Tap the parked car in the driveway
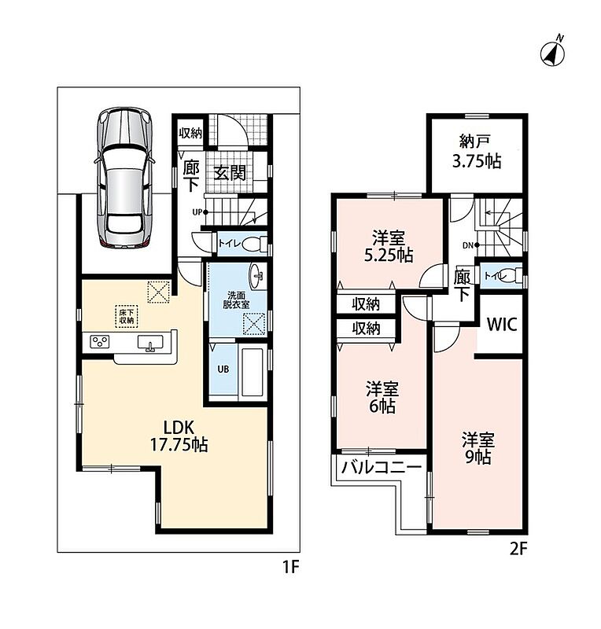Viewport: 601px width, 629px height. pyautogui.click(x=125, y=177)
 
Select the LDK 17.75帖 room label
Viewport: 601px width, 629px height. pyautogui.click(x=179, y=436)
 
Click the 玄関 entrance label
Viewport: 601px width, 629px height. pyautogui.click(x=229, y=172)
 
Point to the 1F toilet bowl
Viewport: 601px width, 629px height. pyautogui.click(x=253, y=243)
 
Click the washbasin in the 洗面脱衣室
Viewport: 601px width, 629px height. pyautogui.click(x=257, y=277)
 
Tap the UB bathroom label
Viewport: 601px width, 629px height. pyautogui.click(x=223, y=369)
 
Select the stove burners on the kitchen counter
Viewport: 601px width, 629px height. pyautogui.click(x=99, y=342)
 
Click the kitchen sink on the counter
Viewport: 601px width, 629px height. pyautogui.click(x=150, y=343)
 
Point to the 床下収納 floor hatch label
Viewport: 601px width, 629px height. pyautogui.click(x=127, y=316)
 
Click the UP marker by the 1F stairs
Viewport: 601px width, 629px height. pyautogui.click(x=200, y=212)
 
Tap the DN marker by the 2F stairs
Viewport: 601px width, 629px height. pyautogui.click(x=470, y=245)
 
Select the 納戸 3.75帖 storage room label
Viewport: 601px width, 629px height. pyautogui.click(x=477, y=151)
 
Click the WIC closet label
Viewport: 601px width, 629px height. pyautogui.click(x=501, y=324)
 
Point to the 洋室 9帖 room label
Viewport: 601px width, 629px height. pyautogui.click(x=477, y=448)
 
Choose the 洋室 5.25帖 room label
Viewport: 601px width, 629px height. pyautogui.click(x=389, y=246)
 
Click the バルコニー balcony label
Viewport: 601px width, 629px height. pyautogui.click(x=381, y=467)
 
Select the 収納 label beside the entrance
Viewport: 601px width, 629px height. pyautogui.click(x=190, y=133)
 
